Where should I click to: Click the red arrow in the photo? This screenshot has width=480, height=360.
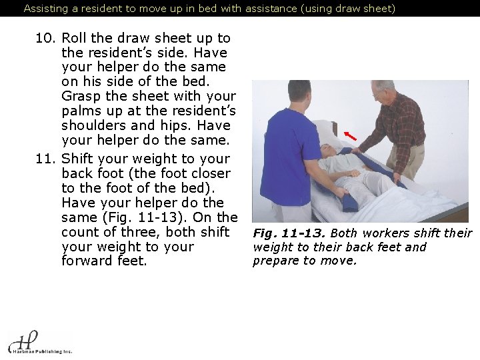coord(350,135)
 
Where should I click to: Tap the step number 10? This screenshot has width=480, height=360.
coord(46,39)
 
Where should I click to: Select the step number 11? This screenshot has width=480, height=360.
coord(46,159)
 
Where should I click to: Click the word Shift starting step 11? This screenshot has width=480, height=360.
coord(77,159)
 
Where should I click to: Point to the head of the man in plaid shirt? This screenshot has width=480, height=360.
coord(383,92)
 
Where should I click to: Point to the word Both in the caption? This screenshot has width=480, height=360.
coord(343,233)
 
